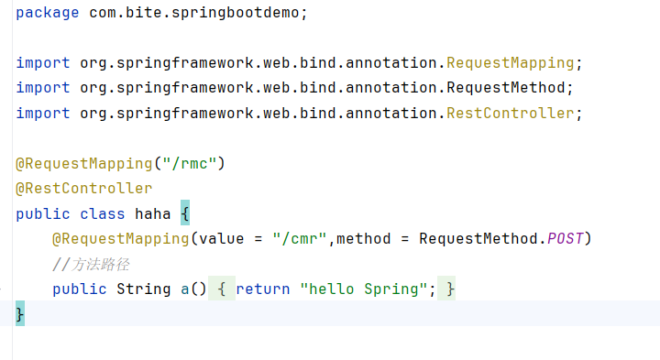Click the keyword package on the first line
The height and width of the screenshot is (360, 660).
coord(47,13)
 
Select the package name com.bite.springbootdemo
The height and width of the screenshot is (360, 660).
coord(193,13)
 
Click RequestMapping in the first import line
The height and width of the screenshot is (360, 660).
coord(511,63)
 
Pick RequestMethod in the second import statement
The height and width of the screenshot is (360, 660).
coord(505,88)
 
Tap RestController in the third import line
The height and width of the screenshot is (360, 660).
coord(511,114)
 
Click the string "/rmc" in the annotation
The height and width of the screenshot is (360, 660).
coord(190,163)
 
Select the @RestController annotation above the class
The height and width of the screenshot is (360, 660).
coord(83,189)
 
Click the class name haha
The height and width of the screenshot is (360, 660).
coord(152,213)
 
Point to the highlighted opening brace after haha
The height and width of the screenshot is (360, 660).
coord(185,213)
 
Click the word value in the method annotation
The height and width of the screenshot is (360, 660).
coord(222,239)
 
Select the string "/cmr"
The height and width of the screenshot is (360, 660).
coord(299,239)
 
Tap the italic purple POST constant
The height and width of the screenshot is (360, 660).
coord(565,239)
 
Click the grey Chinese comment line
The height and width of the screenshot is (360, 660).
coord(91,265)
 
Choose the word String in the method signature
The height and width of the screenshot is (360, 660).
coord(144,289)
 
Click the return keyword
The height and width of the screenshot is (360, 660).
coord(263,289)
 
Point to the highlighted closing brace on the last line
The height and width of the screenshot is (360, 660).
coord(20,313)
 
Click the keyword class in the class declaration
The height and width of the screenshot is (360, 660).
coord(103,213)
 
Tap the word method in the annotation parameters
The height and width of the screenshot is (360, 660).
coord(363,239)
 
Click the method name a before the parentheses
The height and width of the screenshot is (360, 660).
coord(185,289)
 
